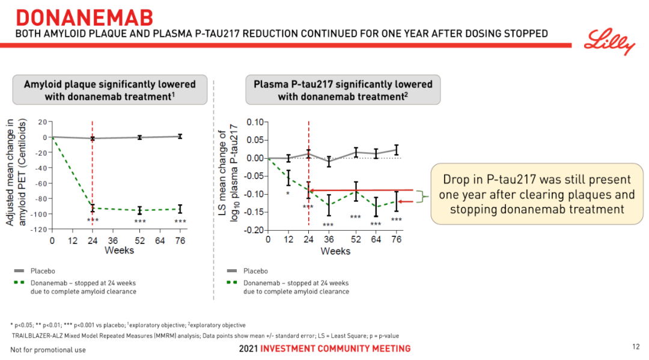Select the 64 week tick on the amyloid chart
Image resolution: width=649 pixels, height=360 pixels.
160,240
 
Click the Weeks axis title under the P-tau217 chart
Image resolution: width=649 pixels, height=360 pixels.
335,251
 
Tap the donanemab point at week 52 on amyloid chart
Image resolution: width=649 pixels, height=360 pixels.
139,210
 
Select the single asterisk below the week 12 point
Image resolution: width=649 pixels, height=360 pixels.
288,194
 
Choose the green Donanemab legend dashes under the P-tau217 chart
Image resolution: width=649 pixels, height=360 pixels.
234,282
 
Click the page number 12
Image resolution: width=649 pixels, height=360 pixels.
636,347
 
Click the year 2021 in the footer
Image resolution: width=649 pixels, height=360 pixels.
248,349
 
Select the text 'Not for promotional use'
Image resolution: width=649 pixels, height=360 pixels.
48,349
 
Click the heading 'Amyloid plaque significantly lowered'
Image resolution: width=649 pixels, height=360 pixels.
109,84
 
